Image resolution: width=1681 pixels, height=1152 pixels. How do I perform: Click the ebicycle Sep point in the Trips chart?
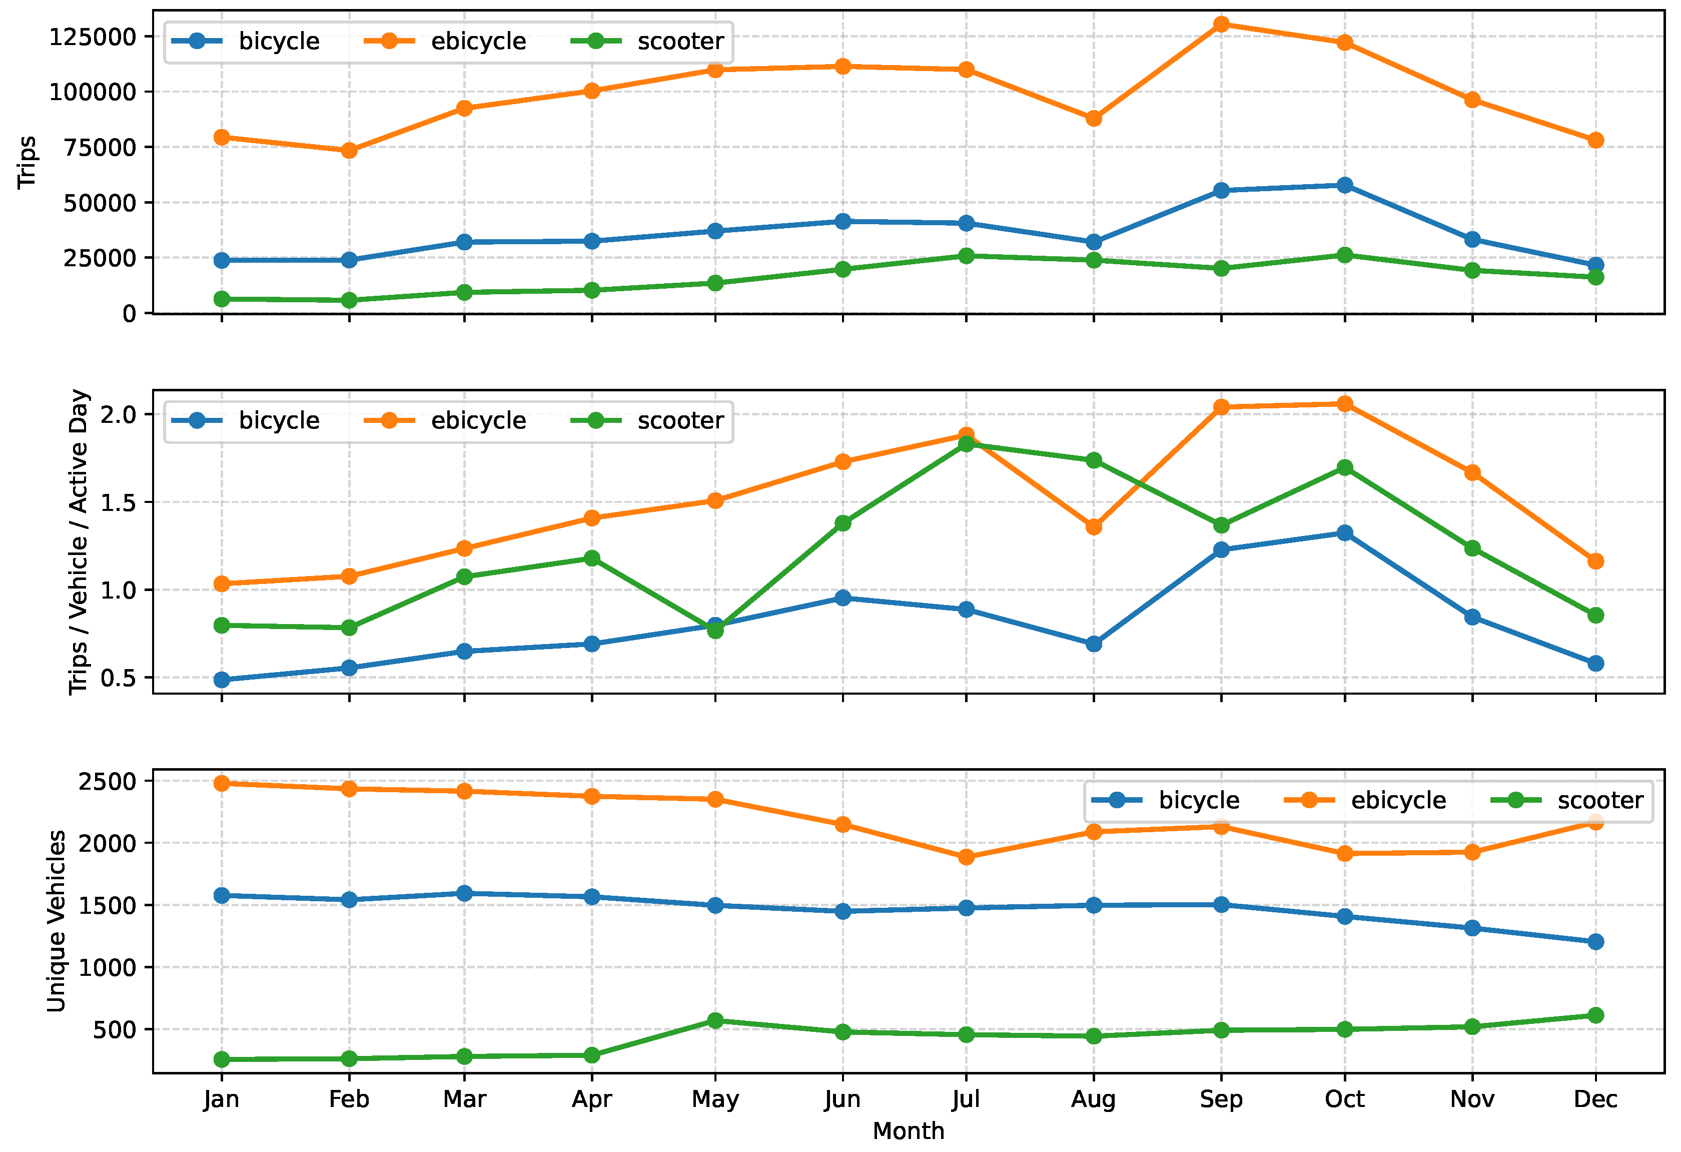1221,24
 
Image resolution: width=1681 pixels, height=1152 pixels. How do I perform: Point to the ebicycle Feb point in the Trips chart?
349,151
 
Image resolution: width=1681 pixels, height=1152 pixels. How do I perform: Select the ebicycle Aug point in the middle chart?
1094,527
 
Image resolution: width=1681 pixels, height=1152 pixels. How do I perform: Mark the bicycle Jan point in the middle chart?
222,680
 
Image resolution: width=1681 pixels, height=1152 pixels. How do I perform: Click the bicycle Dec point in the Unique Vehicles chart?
1595,941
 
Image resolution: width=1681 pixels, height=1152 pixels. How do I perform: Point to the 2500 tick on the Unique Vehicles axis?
107,782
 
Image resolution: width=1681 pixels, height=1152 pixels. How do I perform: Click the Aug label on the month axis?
1093,1099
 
